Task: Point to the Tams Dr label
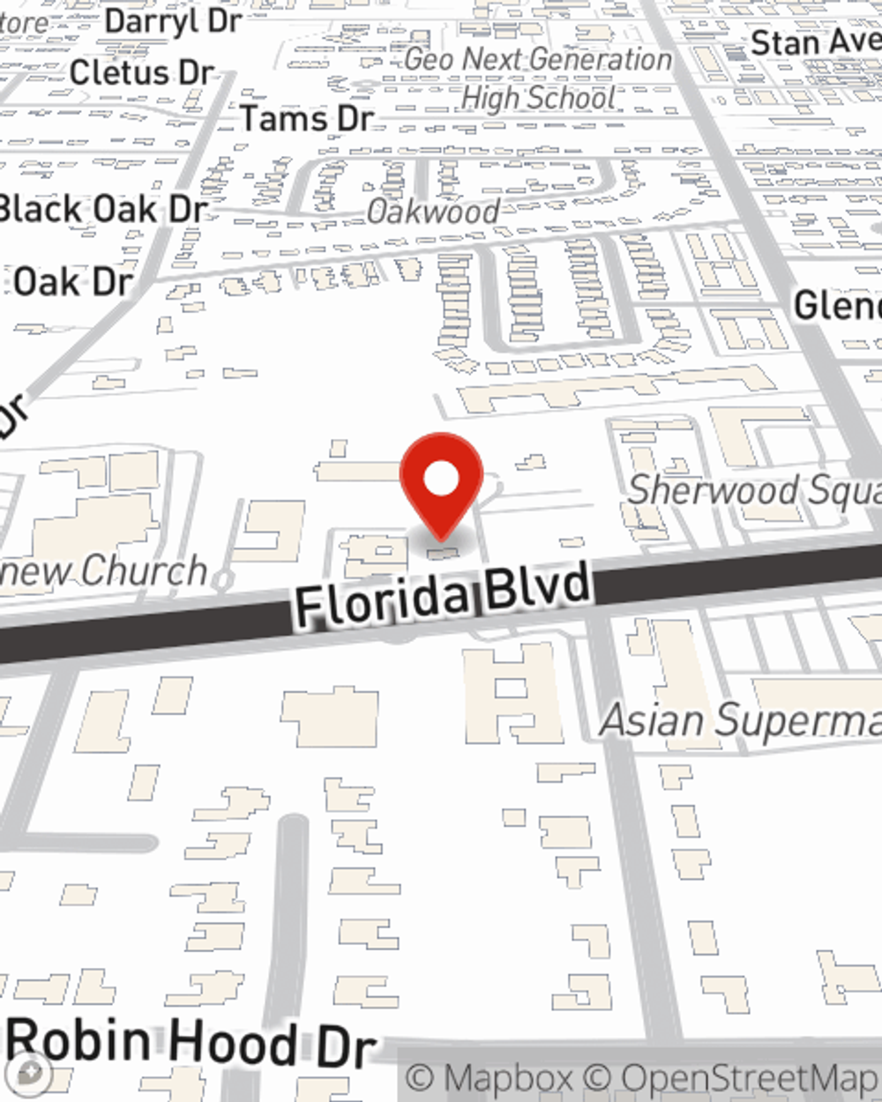[307, 118]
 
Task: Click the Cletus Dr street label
[142, 73]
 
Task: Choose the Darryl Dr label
[173, 21]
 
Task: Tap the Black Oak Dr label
[102, 210]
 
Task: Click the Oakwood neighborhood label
[433, 212]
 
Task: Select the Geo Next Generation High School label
[538, 78]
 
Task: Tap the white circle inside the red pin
[441, 480]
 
